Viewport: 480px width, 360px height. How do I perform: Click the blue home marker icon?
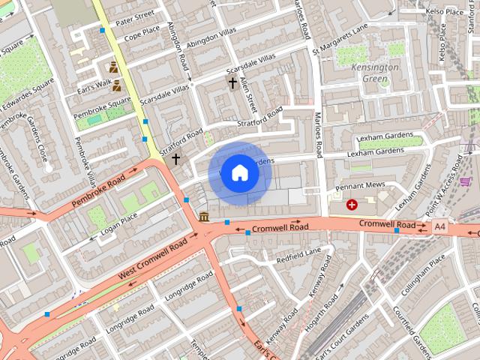(x=239, y=173)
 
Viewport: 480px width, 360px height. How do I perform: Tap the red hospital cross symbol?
(x=352, y=204)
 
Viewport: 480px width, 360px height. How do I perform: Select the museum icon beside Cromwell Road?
(x=205, y=217)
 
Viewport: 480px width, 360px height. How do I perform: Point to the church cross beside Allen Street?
(x=232, y=83)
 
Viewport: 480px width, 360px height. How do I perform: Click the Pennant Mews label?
(x=359, y=184)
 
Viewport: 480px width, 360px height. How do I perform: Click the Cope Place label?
(x=142, y=33)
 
